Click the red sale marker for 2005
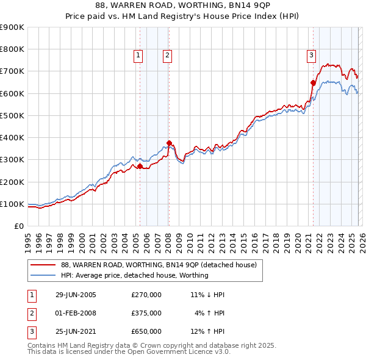[140, 166]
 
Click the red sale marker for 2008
[168, 143]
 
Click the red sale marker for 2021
[313, 82]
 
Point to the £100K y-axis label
[12, 204]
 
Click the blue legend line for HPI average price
[43, 275]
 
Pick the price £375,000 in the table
[146, 313]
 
